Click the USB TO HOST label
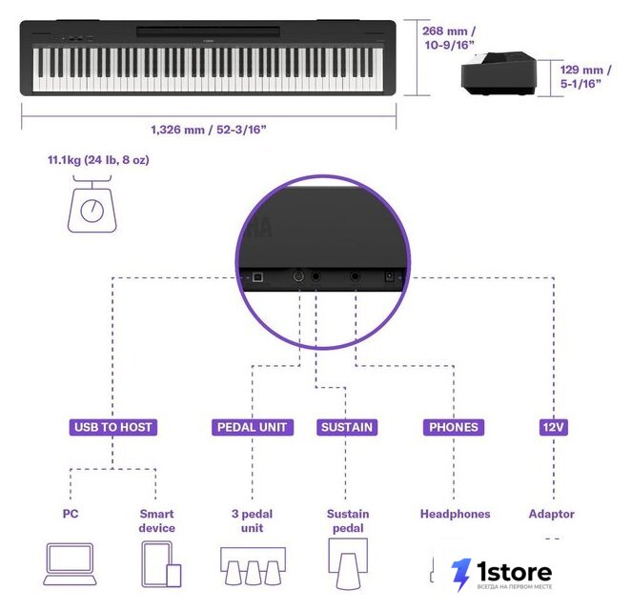[113, 427]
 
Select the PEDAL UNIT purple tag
[253, 427]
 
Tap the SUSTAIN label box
[347, 427]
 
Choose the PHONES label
[454, 427]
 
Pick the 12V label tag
[554, 427]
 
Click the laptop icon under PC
[70, 564]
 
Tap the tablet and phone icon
[161, 564]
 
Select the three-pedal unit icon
[253, 566]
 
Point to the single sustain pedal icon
[348, 563]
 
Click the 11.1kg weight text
[98, 160]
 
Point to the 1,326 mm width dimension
[209, 130]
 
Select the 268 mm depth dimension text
[449, 38]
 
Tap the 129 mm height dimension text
[585, 76]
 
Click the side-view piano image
[499, 73]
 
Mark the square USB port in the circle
[257, 277]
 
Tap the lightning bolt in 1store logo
[460, 575]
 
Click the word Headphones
[456, 514]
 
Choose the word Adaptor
[551, 514]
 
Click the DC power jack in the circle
[390, 276]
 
